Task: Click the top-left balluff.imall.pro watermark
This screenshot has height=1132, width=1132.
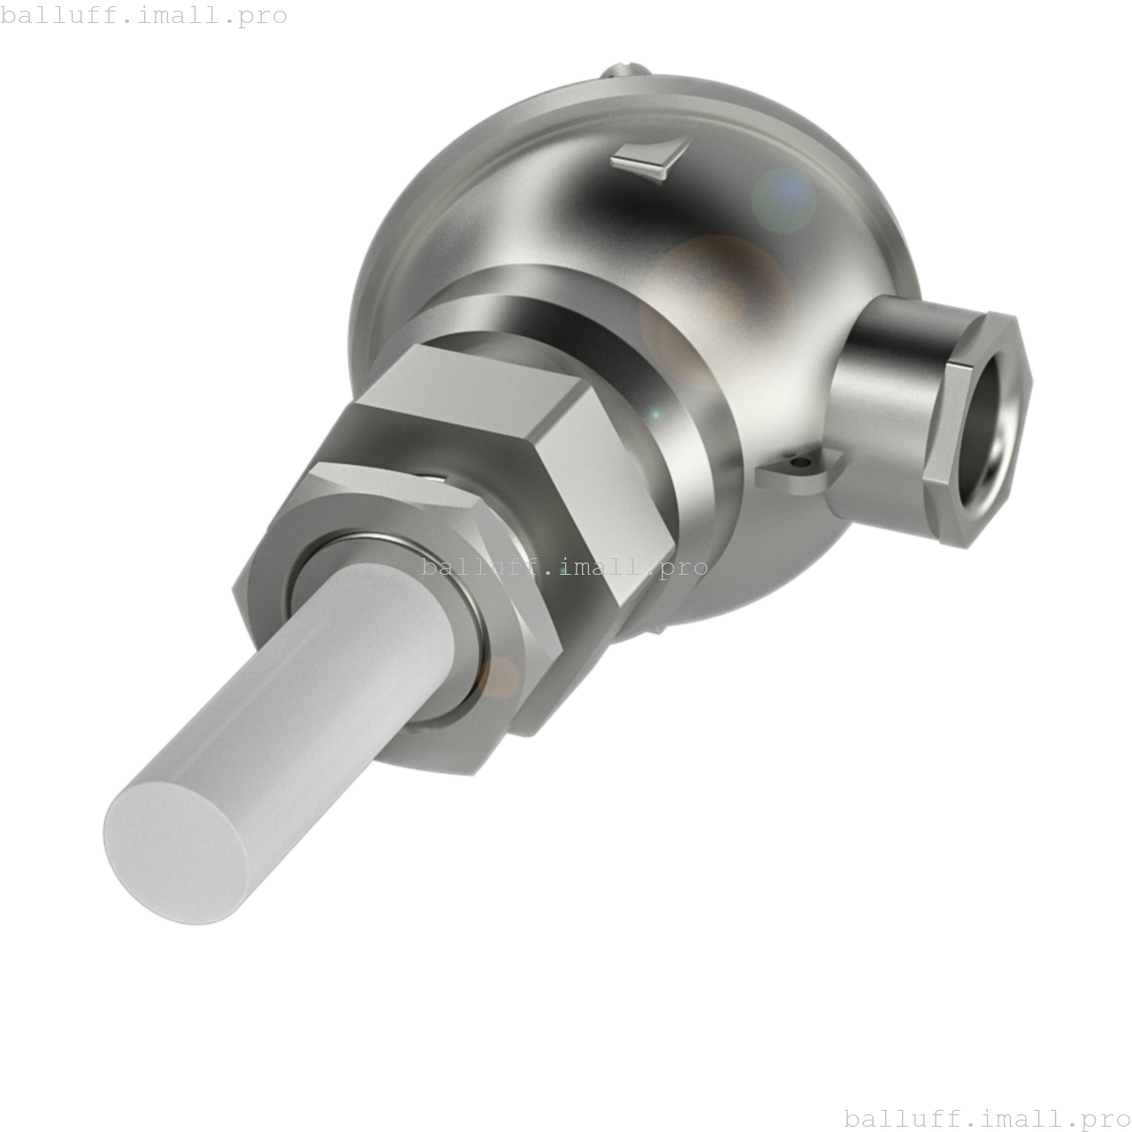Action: click(x=144, y=15)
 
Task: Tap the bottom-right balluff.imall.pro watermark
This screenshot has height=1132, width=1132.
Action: click(x=986, y=1119)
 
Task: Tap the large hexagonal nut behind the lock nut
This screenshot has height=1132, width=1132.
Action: click(x=531, y=460)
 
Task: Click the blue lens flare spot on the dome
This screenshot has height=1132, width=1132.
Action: click(x=784, y=199)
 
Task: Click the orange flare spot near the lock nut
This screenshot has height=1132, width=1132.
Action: click(x=501, y=677)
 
